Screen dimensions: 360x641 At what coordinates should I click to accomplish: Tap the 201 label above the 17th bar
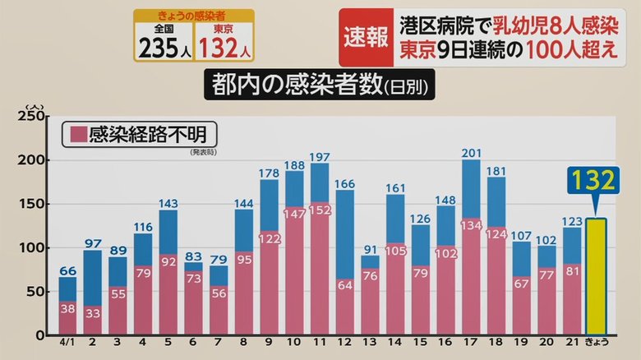[x=472, y=152]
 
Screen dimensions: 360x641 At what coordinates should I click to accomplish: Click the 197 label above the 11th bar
[x=320, y=156]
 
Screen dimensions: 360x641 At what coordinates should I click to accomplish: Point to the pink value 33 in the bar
[x=92, y=312]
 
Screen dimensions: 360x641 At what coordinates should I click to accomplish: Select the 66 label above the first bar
[x=67, y=270]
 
